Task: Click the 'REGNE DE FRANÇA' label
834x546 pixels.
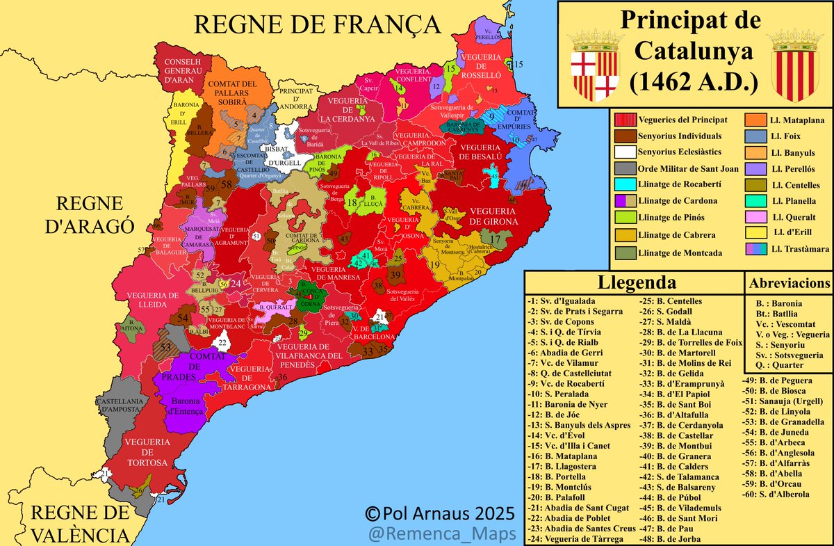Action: coord(318,24)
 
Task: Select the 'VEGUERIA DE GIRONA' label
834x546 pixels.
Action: coord(493,216)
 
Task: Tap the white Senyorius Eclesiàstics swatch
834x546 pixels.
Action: coord(623,152)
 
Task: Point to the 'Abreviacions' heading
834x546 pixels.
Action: coord(788,283)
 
